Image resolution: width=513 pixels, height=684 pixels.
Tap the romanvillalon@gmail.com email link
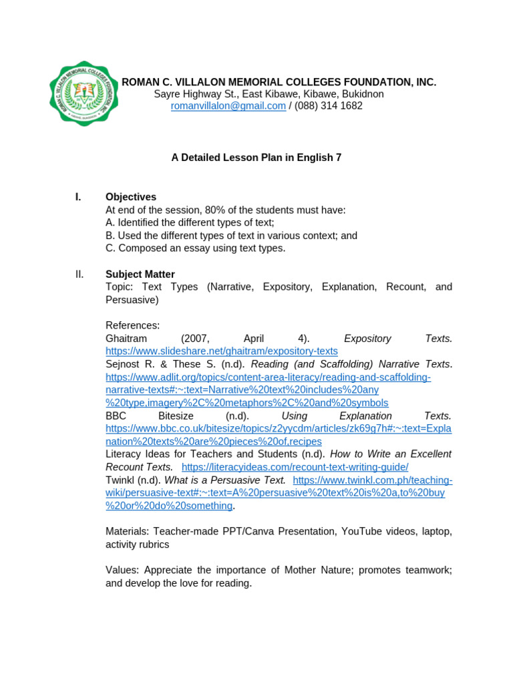[x=228, y=106]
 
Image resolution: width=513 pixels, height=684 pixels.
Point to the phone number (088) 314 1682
[x=329, y=106]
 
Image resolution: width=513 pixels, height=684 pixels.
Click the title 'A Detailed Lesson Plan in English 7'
[x=256, y=158]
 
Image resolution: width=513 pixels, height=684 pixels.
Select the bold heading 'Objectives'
[x=131, y=197]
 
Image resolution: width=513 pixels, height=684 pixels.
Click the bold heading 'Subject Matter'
[x=140, y=275]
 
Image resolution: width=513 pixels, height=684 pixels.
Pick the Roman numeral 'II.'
[x=79, y=275]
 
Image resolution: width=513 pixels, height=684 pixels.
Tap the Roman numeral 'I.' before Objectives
[x=78, y=197]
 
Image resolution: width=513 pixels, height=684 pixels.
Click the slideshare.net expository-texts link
[x=222, y=351]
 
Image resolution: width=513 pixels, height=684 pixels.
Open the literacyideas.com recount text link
[x=295, y=467]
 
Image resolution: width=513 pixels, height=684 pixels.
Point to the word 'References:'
[x=133, y=325]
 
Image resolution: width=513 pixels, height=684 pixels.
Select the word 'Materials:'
[x=127, y=532]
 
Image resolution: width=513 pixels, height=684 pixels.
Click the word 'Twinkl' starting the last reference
[x=120, y=480]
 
